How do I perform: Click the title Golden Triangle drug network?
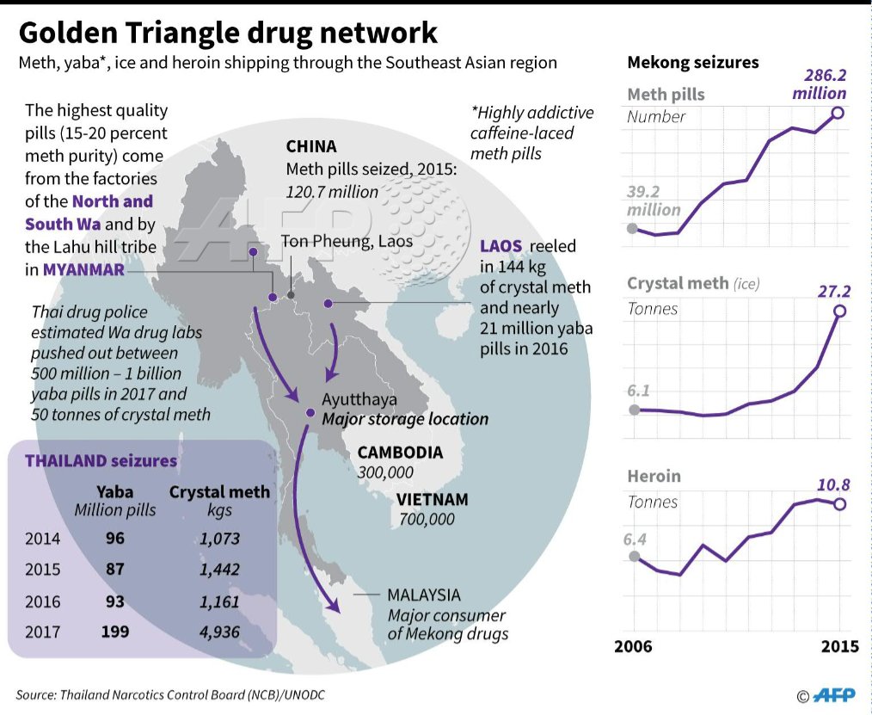click(x=228, y=33)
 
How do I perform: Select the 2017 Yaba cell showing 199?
click(x=114, y=632)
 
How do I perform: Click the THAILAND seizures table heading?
click(x=101, y=460)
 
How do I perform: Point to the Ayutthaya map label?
click(x=359, y=400)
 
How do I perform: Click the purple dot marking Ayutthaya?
click(x=310, y=413)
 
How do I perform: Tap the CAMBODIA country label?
click(x=400, y=453)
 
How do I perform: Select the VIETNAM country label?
click(x=433, y=500)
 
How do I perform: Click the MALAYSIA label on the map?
click(x=423, y=595)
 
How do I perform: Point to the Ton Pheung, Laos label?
click(x=347, y=241)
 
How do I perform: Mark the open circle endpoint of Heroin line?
click(x=839, y=504)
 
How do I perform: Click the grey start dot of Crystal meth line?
click(x=635, y=410)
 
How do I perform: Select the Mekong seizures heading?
click(x=692, y=62)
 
